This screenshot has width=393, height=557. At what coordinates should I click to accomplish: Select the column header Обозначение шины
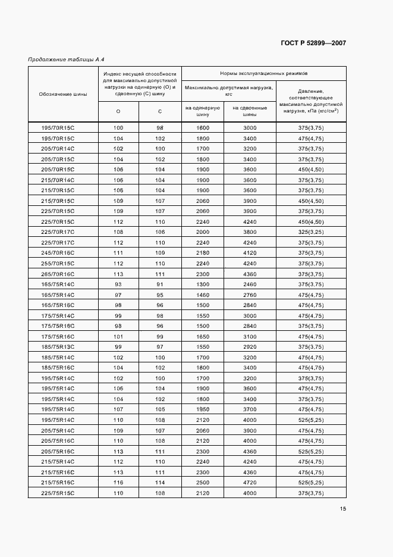63,94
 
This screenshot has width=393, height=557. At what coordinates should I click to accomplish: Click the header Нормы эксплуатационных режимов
263,73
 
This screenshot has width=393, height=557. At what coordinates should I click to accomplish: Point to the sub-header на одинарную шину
203,111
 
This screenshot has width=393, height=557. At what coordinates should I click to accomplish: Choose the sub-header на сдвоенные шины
250,111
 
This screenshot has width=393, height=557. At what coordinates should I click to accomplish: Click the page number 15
343,508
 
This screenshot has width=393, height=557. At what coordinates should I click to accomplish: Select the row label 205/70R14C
58,149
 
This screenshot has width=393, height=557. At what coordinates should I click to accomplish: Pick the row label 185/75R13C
58,347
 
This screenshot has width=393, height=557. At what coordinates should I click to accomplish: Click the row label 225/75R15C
58,493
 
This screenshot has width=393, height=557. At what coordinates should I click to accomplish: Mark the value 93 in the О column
118,284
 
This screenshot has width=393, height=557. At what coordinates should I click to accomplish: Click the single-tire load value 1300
203,284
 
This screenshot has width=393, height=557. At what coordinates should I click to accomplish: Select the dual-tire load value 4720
250,483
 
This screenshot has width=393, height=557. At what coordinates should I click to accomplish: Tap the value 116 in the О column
118,483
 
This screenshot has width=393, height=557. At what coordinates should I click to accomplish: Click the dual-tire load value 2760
250,295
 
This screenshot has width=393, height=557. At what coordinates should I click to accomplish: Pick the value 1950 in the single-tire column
203,409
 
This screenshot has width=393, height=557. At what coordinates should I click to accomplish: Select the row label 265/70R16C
58,274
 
